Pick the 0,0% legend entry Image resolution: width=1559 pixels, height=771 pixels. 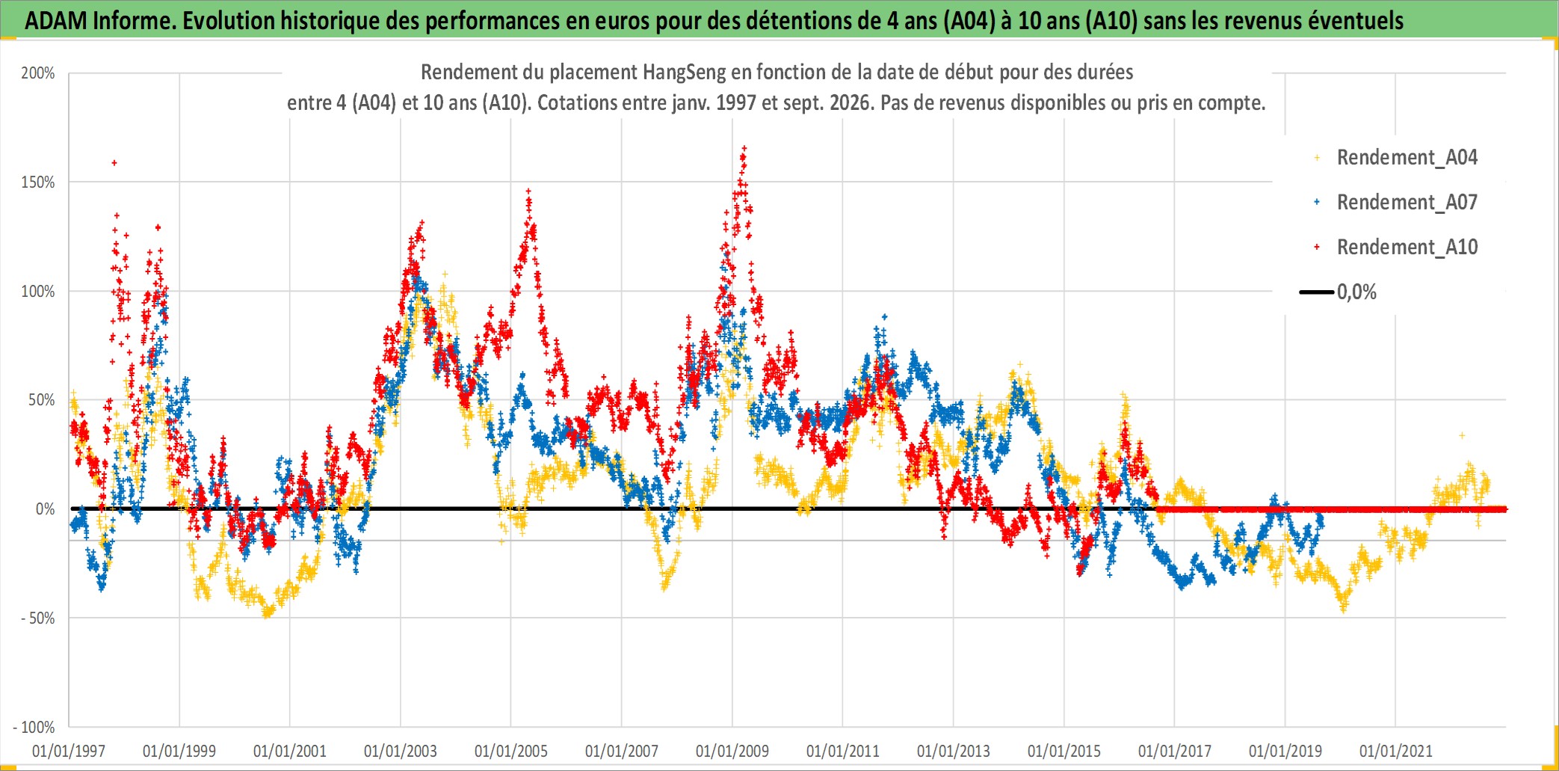pyautogui.click(x=1339, y=292)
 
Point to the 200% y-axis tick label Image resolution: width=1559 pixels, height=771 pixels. pyautogui.click(x=38, y=73)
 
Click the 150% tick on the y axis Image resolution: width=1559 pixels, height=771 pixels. pyautogui.click(x=38, y=182)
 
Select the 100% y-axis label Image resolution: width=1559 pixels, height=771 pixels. pyautogui.click(x=38, y=292)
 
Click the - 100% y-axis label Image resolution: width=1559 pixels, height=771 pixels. pyautogui.click(x=34, y=727)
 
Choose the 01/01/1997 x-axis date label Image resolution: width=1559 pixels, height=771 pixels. pyautogui.click(x=69, y=751)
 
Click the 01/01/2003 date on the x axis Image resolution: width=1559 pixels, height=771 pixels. pyautogui.click(x=401, y=751)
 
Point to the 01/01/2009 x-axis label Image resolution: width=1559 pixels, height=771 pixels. pyautogui.click(x=732, y=751)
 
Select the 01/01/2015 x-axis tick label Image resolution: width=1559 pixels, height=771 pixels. pyautogui.click(x=1064, y=751)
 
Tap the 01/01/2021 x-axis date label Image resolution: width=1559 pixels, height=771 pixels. pyautogui.click(x=1396, y=751)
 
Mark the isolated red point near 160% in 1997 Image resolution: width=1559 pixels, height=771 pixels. pyautogui.click(x=114, y=162)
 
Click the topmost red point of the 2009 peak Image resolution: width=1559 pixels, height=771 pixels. pyautogui.click(x=744, y=148)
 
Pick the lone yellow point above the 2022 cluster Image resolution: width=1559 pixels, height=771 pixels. pyautogui.click(x=1462, y=435)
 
